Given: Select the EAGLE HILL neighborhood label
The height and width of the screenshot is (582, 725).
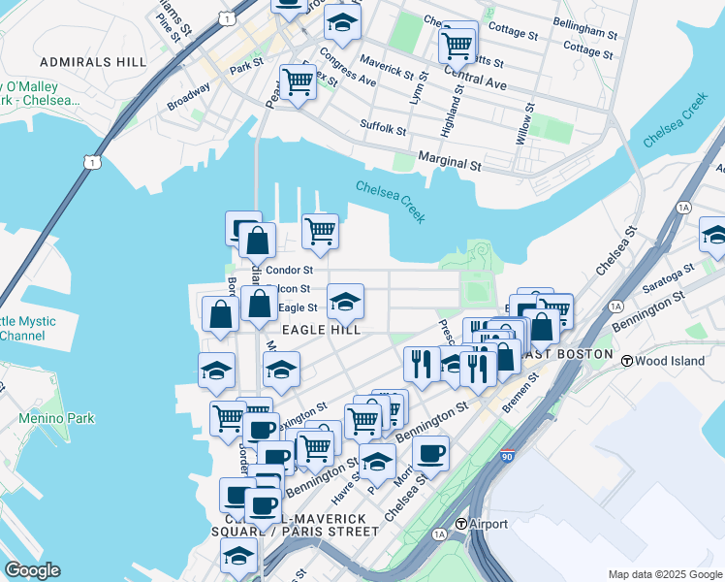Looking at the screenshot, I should pos(321,330).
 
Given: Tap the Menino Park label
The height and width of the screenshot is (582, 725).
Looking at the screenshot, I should pos(56,419).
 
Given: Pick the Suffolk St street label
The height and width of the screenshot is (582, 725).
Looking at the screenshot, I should pos(383,127).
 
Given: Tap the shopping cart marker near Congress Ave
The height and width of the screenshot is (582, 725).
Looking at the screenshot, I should pos(298,81).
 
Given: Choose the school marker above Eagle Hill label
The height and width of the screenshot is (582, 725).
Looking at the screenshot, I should pos(345,301).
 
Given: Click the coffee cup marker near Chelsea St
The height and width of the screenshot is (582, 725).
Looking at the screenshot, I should pos(430,453).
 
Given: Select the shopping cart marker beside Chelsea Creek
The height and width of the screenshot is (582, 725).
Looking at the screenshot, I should pos(320,231).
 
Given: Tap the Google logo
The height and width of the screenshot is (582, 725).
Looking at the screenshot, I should pos(32,570).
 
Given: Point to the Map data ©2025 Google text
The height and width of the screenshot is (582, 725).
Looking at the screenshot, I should pos(664,574).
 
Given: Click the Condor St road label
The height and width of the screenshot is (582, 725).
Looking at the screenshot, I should pos(289,271).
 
